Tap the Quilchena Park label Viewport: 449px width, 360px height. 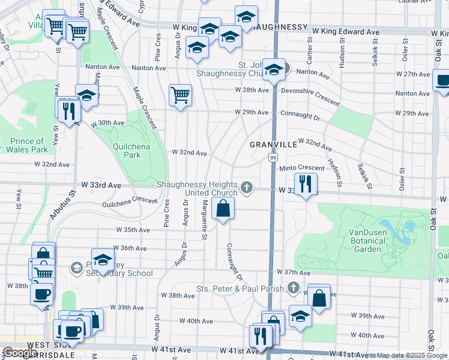tap(126, 150)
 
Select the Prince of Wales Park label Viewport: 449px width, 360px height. tap(28, 145)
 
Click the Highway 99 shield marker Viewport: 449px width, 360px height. tap(273, 157)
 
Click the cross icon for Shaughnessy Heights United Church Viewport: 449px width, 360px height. tap(246, 188)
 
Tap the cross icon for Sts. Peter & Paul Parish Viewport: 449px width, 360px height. tap(293, 288)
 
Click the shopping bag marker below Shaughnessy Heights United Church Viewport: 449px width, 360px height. tap(223, 210)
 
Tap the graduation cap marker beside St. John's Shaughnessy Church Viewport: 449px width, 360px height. tap(274, 70)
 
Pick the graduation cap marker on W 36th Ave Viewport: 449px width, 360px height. tap(103, 260)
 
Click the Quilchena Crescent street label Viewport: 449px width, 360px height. tap(130, 202)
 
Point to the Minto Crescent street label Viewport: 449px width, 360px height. tap(301, 168)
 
